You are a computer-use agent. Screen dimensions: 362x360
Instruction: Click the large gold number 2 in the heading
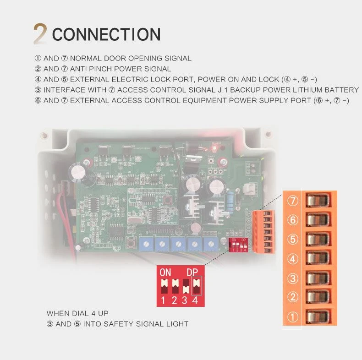(40, 34)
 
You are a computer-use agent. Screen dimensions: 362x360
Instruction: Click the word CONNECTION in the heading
(106, 34)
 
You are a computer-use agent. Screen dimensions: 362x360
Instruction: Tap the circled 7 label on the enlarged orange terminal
(292, 201)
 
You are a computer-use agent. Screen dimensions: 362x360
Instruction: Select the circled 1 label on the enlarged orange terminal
(292, 317)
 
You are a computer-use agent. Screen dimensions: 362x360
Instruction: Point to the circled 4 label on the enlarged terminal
(292, 259)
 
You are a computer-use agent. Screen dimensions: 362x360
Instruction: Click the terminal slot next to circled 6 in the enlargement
(318, 219)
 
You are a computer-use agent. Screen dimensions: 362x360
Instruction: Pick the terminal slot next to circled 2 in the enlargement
(318, 296)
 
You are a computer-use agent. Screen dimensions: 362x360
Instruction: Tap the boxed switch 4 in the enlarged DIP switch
(197, 286)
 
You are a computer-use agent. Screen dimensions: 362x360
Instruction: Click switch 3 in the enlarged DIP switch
(186, 286)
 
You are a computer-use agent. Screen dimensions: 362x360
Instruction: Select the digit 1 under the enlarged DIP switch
(163, 300)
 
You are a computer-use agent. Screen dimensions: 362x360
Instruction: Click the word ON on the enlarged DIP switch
(165, 273)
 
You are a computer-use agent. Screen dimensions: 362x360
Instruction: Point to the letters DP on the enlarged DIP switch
(192, 273)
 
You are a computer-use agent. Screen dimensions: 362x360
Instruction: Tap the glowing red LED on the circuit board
(214, 148)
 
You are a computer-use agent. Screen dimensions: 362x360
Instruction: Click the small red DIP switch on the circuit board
(238, 245)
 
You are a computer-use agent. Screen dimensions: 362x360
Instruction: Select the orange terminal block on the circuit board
(263, 232)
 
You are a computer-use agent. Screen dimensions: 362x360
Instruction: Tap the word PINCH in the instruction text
(100, 69)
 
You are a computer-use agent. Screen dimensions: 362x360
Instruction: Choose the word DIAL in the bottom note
(81, 313)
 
